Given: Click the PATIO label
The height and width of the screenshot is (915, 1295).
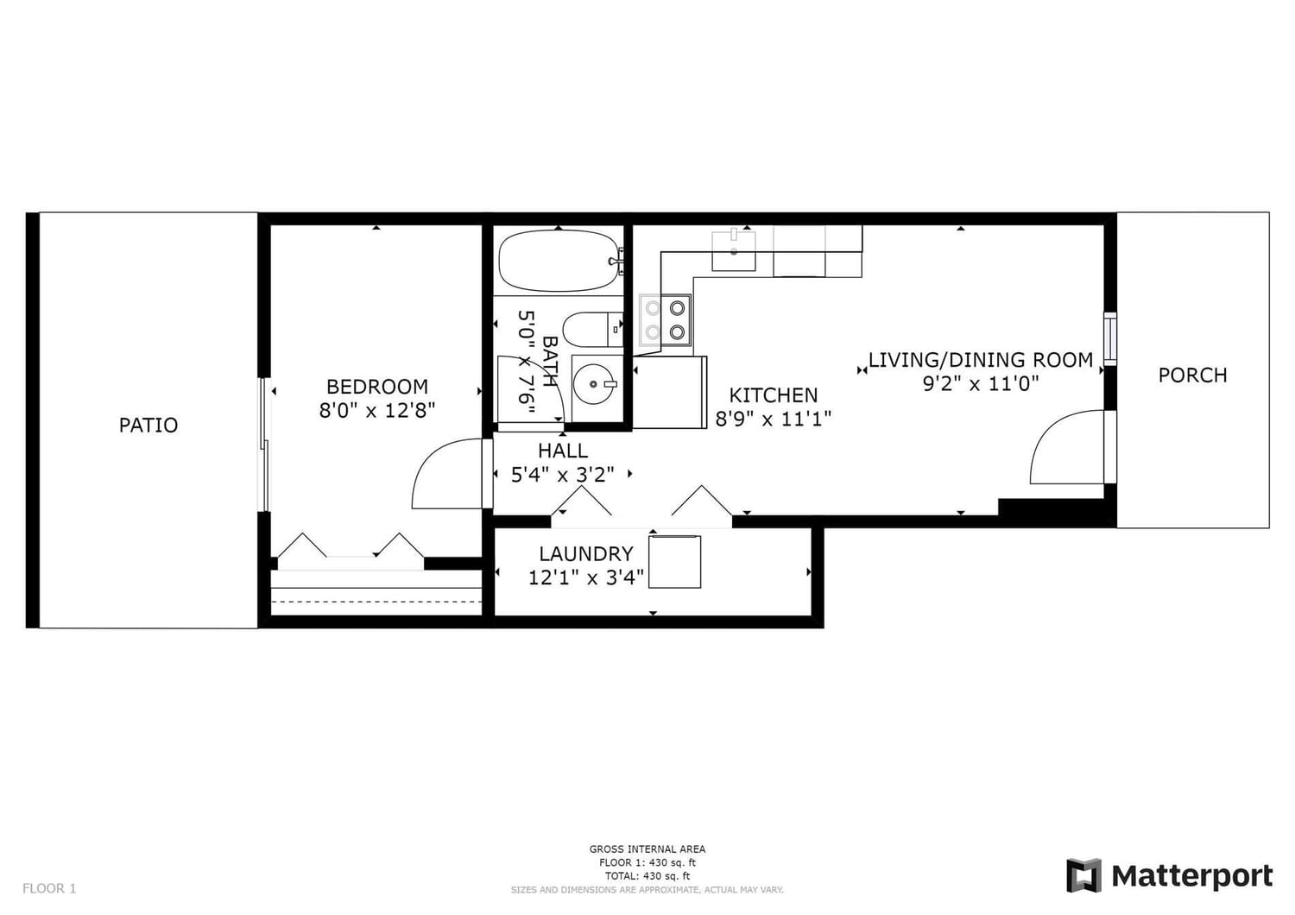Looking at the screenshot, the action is click(x=148, y=426).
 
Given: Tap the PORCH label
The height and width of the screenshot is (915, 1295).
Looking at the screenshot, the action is click(x=1192, y=375).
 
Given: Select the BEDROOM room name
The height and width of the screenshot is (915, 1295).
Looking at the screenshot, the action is click(x=377, y=386).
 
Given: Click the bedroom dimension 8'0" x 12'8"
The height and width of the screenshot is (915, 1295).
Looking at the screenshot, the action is click(x=377, y=410).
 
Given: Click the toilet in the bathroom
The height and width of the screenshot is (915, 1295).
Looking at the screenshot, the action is click(x=592, y=330).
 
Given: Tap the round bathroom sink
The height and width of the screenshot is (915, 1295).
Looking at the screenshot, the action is click(x=593, y=384).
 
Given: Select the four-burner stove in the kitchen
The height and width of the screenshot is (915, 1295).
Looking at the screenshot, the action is click(x=666, y=319).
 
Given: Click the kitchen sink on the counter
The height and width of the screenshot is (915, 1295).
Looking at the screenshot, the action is click(x=733, y=251).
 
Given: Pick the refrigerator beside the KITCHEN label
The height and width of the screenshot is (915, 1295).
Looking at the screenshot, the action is click(x=670, y=393).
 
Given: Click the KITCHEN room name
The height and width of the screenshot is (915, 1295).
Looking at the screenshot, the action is click(x=774, y=395).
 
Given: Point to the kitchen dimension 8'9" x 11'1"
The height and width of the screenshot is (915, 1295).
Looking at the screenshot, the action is click(x=774, y=419).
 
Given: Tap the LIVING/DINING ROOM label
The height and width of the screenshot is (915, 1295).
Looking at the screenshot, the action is click(x=981, y=360).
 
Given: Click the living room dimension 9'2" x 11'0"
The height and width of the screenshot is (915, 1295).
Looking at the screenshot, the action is click(x=981, y=383).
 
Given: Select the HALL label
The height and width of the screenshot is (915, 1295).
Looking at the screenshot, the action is click(x=563, y=451).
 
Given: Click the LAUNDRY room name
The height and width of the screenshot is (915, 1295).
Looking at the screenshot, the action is click(x=586, y=553).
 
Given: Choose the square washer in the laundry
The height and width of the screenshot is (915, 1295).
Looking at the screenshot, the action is click(x=674, y=562).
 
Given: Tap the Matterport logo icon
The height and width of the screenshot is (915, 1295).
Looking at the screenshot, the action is click(x=1083, y=875).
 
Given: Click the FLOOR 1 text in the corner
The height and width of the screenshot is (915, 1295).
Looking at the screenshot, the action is click(x=49, y=888).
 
